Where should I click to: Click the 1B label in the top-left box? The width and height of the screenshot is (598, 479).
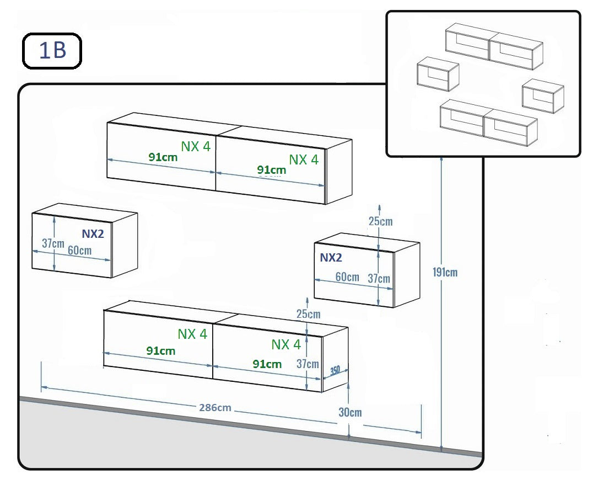(52, 51)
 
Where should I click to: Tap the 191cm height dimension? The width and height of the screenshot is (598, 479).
(445, 272)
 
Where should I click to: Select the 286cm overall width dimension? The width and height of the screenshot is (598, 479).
(214, 408)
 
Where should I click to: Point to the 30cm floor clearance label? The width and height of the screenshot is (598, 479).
(350, 412)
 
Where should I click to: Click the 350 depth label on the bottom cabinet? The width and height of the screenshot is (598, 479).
(335, 371)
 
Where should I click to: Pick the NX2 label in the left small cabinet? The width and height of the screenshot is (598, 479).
(93, 233)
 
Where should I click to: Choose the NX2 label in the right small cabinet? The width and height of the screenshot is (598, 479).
(331, 257)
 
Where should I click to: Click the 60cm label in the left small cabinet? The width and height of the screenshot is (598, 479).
(79, 250)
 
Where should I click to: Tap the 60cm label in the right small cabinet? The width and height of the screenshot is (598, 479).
(347, 276)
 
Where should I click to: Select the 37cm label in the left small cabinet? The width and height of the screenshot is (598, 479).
(53, 243)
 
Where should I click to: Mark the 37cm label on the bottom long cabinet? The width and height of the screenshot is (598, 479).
(308, 364)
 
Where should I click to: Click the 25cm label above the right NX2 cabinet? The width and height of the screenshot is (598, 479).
(380, 221)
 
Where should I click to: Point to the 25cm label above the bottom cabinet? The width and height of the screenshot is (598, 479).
(308, 315)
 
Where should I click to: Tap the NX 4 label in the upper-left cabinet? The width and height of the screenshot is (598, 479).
(196, 146)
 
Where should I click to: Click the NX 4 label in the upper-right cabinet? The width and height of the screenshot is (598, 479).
(304, 159)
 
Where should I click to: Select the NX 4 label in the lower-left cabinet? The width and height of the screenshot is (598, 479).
(192, 334)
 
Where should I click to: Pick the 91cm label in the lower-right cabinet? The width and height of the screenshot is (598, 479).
(267, 364)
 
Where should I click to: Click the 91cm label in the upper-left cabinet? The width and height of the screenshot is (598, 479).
(163, 157)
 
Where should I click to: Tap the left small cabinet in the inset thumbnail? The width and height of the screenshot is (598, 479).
(438, 74)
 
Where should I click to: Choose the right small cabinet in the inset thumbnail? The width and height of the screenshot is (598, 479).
(542, 95)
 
